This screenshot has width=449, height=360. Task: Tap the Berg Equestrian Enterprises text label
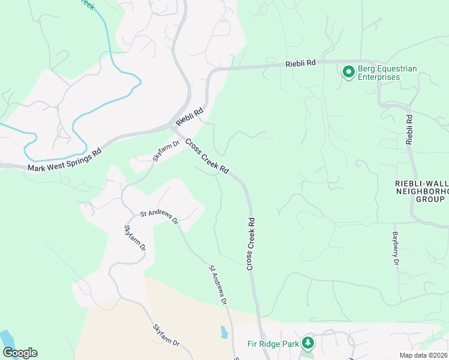[x=387, y=73]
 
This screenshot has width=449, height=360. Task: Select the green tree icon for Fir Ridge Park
[x=308, y=343]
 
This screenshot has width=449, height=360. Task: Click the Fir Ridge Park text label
[x=273, y=344]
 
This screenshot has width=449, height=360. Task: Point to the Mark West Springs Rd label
[x=64, y=159]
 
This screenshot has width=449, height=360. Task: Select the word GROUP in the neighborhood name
[x=430, y=200]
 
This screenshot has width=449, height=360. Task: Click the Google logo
[x=20, y=352]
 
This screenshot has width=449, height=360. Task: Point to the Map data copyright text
[x=423, y=355]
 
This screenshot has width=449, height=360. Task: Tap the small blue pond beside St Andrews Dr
[x=223, y=332]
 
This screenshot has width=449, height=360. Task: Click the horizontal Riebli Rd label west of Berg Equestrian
[x=300, y=62]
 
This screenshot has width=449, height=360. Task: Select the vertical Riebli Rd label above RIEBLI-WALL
[x=409, y=130]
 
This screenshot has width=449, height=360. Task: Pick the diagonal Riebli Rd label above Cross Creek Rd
[x=190, y=117]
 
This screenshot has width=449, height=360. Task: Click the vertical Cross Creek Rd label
[x=251, y=243]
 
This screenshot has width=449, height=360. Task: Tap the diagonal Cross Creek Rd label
[x=207, y=157]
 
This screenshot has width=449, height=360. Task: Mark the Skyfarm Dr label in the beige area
[x=166, y=335]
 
